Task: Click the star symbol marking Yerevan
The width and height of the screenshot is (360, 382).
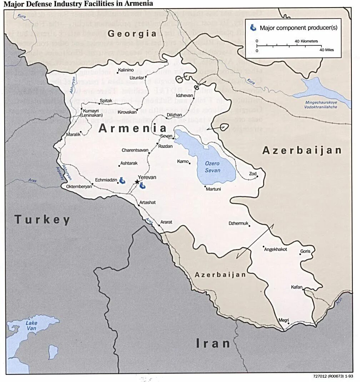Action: tap(137, 182)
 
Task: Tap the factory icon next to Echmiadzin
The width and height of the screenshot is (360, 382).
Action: tap(122, 180)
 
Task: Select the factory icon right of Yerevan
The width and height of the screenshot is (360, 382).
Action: tap(143, 185)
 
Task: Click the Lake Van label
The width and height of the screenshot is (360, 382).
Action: tap(31, 326)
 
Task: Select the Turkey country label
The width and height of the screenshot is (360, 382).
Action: tap(42, 220)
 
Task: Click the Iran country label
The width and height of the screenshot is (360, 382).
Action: tap(213, 343)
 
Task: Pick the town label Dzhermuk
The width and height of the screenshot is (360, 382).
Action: tap(238, 223)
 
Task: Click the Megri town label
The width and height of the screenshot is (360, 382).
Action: tap(284, 320)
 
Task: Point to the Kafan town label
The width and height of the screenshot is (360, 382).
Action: tap(296, 287)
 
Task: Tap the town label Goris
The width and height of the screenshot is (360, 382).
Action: tap(305, 251)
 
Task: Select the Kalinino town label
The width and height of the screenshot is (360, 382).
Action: tap(126, 70)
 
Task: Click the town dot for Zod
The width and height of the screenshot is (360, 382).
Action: tap(257, 176)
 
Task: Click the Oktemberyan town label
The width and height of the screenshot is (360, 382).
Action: tap(76, 186)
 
